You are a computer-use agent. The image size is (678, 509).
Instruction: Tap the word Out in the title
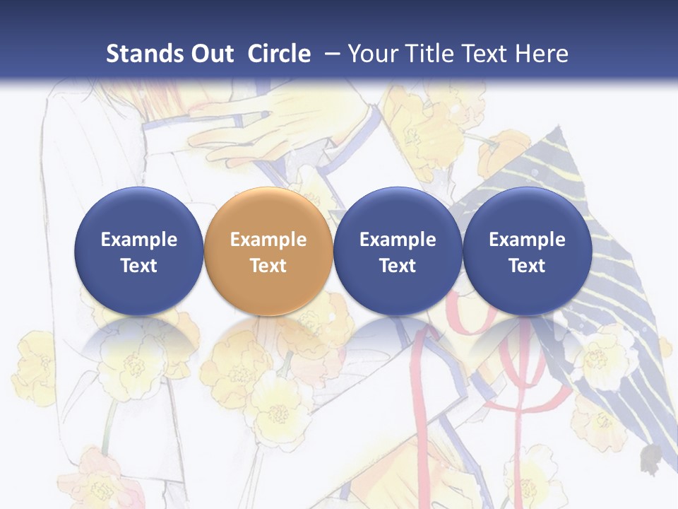[210, 54]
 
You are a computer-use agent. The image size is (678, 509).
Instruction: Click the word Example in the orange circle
[268, 240]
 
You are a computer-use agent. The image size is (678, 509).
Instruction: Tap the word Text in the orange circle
[268, 266]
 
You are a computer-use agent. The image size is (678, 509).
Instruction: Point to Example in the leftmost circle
[138, 240]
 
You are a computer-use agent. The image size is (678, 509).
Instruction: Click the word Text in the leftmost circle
[138, 266]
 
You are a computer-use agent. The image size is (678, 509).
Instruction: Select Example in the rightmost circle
[527, 240]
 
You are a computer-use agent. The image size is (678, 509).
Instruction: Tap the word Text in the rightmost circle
[527, 266]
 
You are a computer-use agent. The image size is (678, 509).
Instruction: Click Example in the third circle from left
[398, 240]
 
